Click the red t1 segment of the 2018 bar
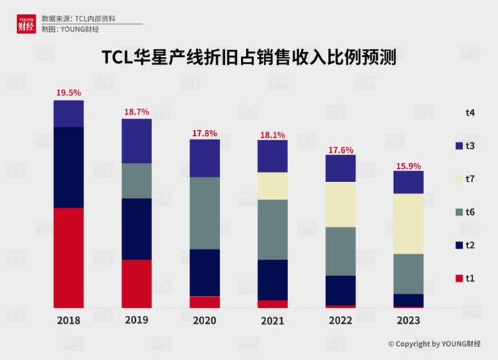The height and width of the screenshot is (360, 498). tap(68, 258)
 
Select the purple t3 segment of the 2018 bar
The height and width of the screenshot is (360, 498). tap(68, 114)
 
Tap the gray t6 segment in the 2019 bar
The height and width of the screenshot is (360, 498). tap(137, 181)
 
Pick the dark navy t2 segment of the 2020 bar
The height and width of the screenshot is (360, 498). tap(204, 272)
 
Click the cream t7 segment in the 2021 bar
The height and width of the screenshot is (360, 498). tap(272, 186)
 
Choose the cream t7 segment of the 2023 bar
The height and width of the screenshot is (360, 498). tap(408, 224)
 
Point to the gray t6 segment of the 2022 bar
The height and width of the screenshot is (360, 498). tap(340, 251)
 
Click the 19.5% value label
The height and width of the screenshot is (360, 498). tap(68, 93)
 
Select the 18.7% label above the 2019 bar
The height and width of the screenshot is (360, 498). tap(137, 112)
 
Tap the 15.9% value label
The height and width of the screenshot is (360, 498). tap(408, 164)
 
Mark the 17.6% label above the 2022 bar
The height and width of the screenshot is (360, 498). tap(340, 149)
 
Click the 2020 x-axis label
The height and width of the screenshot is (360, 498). tap(204, 321)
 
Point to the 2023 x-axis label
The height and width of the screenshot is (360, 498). tap(408, 321)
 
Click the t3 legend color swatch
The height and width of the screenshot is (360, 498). tap(460, 145)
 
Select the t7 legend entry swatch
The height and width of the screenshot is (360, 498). tap(460, 179)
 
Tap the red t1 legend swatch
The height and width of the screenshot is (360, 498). tap(460, 278)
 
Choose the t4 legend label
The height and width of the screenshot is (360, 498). tap(470, 112)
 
